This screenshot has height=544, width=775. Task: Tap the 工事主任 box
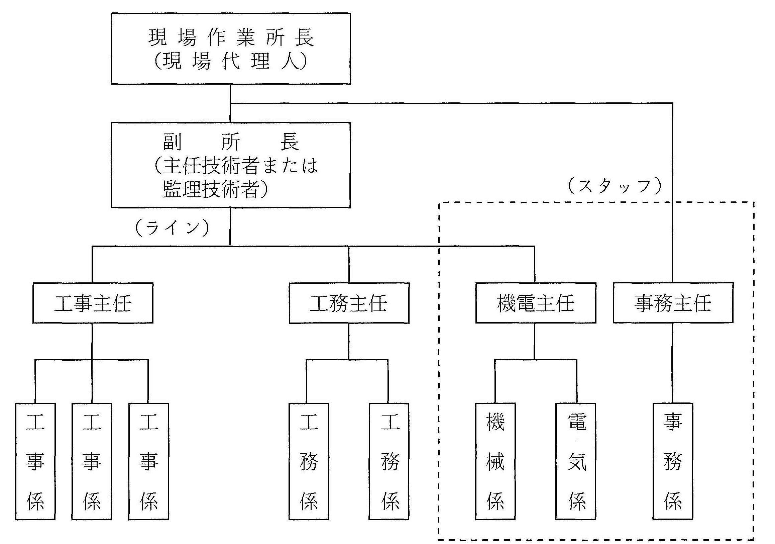click(93, 303)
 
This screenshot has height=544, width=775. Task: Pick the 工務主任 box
click(349, 303)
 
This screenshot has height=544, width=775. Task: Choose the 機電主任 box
click(536, 303)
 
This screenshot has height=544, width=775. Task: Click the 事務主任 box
click(673, 303)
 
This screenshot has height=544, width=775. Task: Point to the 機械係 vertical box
click(495, 461)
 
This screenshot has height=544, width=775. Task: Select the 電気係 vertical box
click(576, 461)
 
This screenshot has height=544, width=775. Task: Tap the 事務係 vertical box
click(673, 461)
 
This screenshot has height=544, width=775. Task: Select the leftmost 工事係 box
click(35, 461)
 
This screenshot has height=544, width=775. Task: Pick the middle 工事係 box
click(92, 461)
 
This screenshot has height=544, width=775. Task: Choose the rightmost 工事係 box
click(148, 461)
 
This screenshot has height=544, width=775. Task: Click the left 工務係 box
click(309, 461)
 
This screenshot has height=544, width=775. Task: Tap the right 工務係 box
click(389, 461)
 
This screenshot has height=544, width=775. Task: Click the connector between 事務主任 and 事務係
click(672, 363)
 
